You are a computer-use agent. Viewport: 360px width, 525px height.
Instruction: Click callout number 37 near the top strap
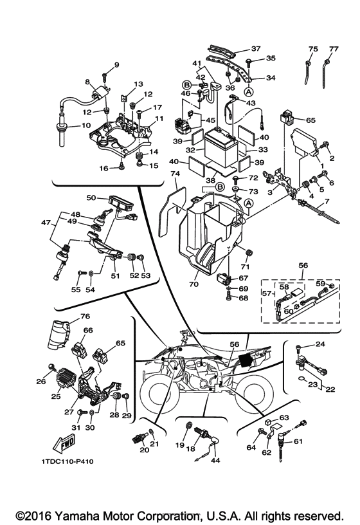point(256,48)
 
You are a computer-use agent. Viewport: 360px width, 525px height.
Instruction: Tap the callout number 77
point(334,49)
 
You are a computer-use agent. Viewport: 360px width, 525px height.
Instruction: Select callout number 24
point(320,344)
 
